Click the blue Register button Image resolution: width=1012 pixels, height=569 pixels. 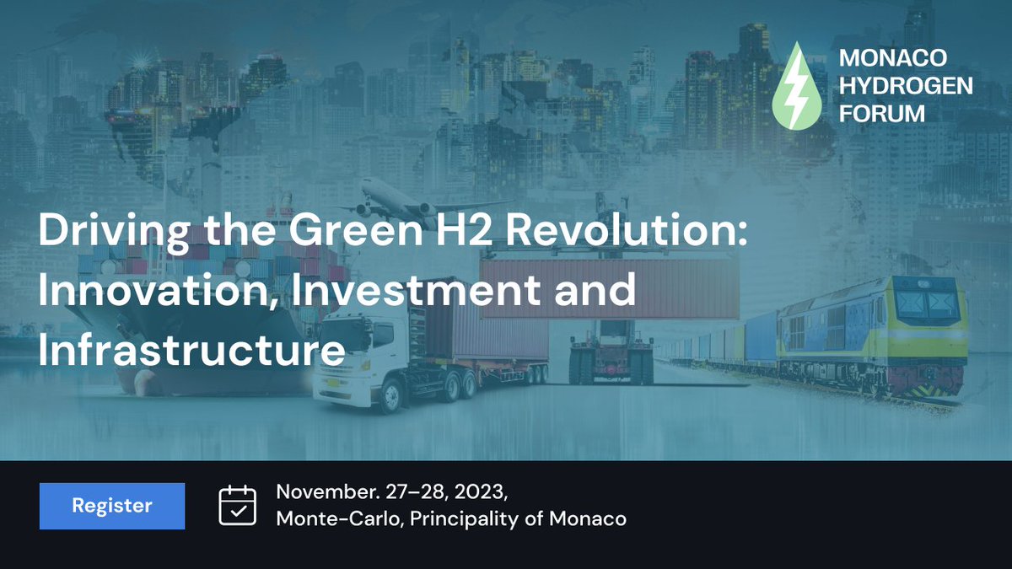tap(112, 506)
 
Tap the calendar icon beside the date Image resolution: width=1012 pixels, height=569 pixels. tap(237, 506)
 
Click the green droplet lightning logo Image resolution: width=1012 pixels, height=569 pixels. tap(796, 87)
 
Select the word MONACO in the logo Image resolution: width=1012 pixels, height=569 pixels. tap(893, 58)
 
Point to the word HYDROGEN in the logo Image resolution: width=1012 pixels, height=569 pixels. tap(906, 85)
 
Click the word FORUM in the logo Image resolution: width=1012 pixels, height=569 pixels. tap(882, 113)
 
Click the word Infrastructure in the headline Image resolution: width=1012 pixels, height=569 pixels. tap(192, 351)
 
